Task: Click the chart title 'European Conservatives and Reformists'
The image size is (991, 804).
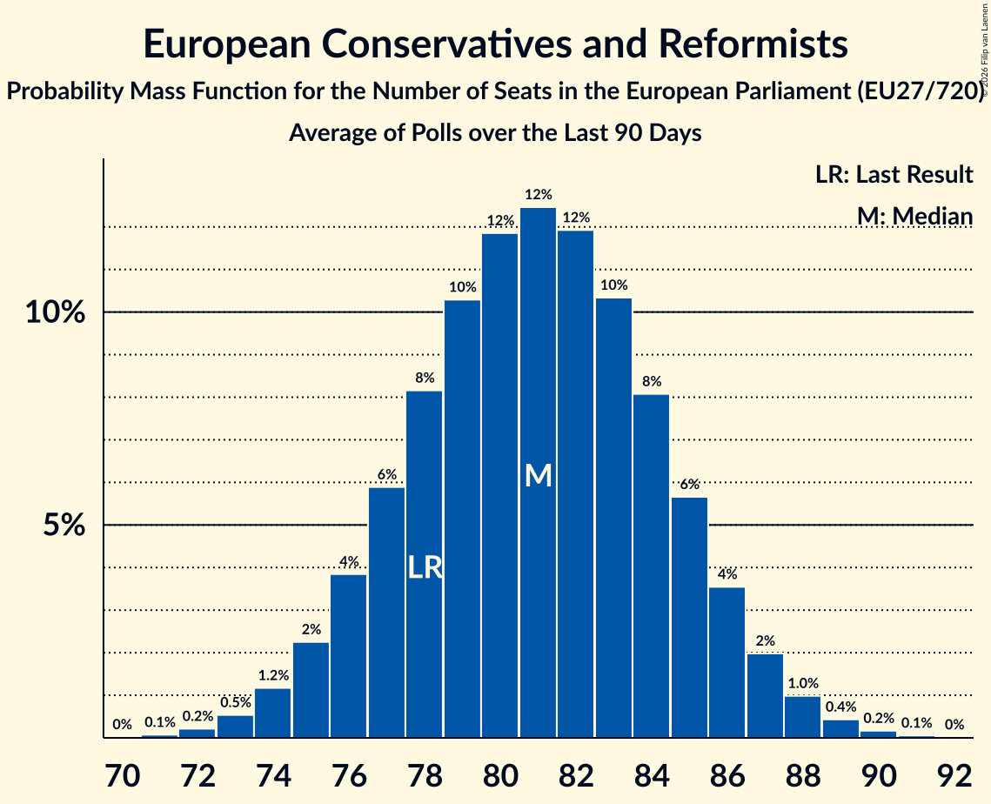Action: (495, 44)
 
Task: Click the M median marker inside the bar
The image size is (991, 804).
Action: (539, 475)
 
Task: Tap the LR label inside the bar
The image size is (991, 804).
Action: (425, 568)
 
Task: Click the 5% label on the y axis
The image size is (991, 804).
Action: (64, 526)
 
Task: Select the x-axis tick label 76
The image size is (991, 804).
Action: (349, 771)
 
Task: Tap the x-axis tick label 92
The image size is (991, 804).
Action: (954, 771)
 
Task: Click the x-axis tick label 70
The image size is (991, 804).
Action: (123, 771)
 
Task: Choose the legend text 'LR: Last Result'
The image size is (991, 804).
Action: (894, 175)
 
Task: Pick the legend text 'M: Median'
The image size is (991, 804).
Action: (914, 215)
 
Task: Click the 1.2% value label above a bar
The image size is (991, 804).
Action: (273, 674)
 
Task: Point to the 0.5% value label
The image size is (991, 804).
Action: (235, 702)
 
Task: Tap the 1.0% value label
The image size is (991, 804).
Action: (803, 683)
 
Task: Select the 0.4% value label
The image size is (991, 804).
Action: (840, 707)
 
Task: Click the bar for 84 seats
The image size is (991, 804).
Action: (652, 566)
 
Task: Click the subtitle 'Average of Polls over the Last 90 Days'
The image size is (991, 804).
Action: (495, 133)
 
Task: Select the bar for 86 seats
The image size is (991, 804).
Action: (727, 662)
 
